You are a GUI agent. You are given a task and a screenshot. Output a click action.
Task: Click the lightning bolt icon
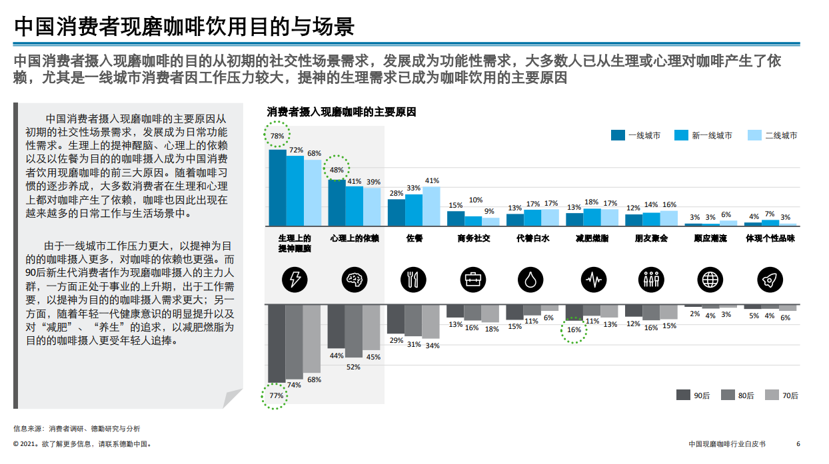click(x=295, y=280)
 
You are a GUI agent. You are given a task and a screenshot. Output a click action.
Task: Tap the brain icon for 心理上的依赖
click(x=354, y=280)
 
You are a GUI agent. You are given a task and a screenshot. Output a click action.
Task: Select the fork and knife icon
click(x=413, y=280)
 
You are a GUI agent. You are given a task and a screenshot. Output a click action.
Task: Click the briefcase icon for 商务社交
click(x=472, y=280)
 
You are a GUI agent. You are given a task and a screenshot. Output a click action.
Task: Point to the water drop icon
click(x=531, y=280)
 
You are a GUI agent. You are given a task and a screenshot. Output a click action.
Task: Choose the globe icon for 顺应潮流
click(x=709, y=280)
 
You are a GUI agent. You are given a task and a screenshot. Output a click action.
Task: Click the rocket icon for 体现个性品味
click(x=769, y=280)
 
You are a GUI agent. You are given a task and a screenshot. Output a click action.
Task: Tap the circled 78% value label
click(x=277, y=136)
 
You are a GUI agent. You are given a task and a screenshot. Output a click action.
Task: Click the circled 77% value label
click(x=277, y=395)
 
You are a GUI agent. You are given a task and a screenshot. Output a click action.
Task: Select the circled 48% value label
click(x=337, y=170)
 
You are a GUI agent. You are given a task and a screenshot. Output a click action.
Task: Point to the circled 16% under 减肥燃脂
click(x=574, y=330)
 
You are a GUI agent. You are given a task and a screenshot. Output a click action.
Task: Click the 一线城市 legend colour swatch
click(x=618, y=135)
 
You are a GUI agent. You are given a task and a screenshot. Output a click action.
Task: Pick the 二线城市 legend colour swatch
click(x=754, y=135)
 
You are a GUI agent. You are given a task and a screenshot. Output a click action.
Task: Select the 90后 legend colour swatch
click(x=683, y=395)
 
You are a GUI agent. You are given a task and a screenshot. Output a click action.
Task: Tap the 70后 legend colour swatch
click(x=772, y=395)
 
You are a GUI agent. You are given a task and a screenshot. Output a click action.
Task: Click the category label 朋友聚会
click(x=651, y=238)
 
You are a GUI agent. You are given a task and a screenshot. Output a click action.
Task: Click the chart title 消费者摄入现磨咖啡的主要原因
click(x=341, y=112)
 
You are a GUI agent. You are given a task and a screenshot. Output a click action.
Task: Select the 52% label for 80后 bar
click(x=353, y=367)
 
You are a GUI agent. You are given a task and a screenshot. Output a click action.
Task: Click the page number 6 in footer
click(x=798, y=444)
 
